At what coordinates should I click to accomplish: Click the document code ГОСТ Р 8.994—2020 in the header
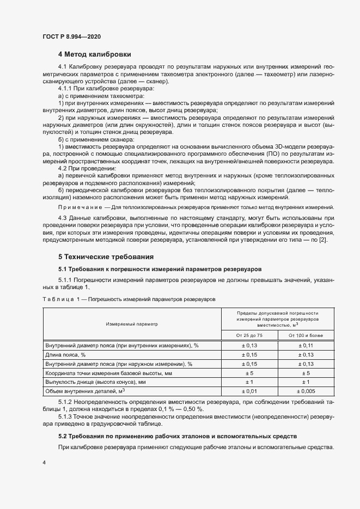71,36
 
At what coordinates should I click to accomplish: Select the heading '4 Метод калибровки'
94,54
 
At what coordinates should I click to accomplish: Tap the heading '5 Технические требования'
106,256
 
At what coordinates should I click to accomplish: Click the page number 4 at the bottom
44,462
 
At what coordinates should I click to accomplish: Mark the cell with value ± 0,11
306,345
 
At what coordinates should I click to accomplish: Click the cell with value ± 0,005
306,391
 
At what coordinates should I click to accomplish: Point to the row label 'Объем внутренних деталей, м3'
86,391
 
